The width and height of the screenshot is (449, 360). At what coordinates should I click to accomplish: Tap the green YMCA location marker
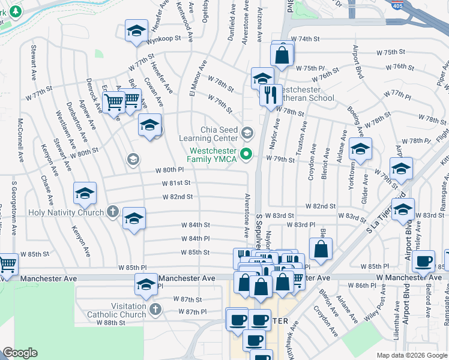pos(246,155)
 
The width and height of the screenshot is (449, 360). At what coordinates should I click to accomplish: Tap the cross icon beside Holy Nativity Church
pos(112,211)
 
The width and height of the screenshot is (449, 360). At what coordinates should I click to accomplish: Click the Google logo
pos(20,353)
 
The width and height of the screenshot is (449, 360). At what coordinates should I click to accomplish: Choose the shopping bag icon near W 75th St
pos(282,55)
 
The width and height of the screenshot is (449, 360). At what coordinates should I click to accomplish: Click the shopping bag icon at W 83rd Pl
pos(321,249)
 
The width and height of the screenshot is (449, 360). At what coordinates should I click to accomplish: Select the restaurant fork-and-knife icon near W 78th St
pos(271,94)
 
